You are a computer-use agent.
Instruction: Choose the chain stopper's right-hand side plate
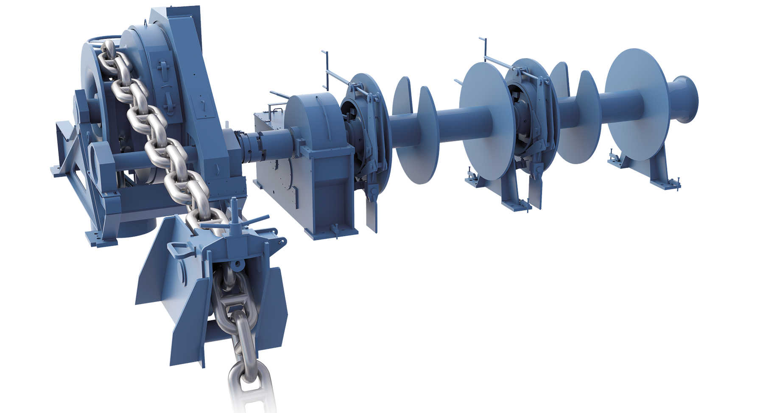(271, 305)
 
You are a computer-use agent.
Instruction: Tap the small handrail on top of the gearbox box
(275, 109)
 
